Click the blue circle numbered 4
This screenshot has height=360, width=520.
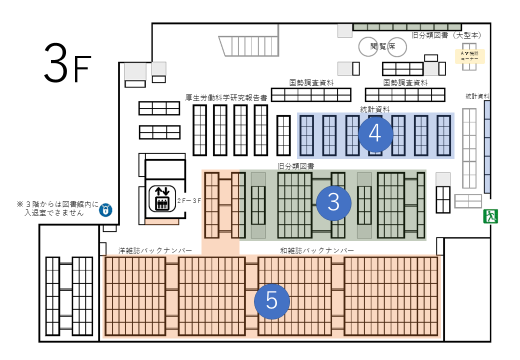375,134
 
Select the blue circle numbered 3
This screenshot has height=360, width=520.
334,202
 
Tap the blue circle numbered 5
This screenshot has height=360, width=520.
271,301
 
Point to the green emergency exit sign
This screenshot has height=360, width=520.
489,216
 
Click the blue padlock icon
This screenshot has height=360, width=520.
105,209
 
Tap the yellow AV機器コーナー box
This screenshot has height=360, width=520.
469,56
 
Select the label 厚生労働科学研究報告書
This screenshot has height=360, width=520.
226,97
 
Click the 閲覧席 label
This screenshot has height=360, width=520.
382,46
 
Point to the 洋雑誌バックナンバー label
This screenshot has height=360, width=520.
155,250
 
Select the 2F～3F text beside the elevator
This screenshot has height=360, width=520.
189,200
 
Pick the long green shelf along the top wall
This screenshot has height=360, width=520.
407,26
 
